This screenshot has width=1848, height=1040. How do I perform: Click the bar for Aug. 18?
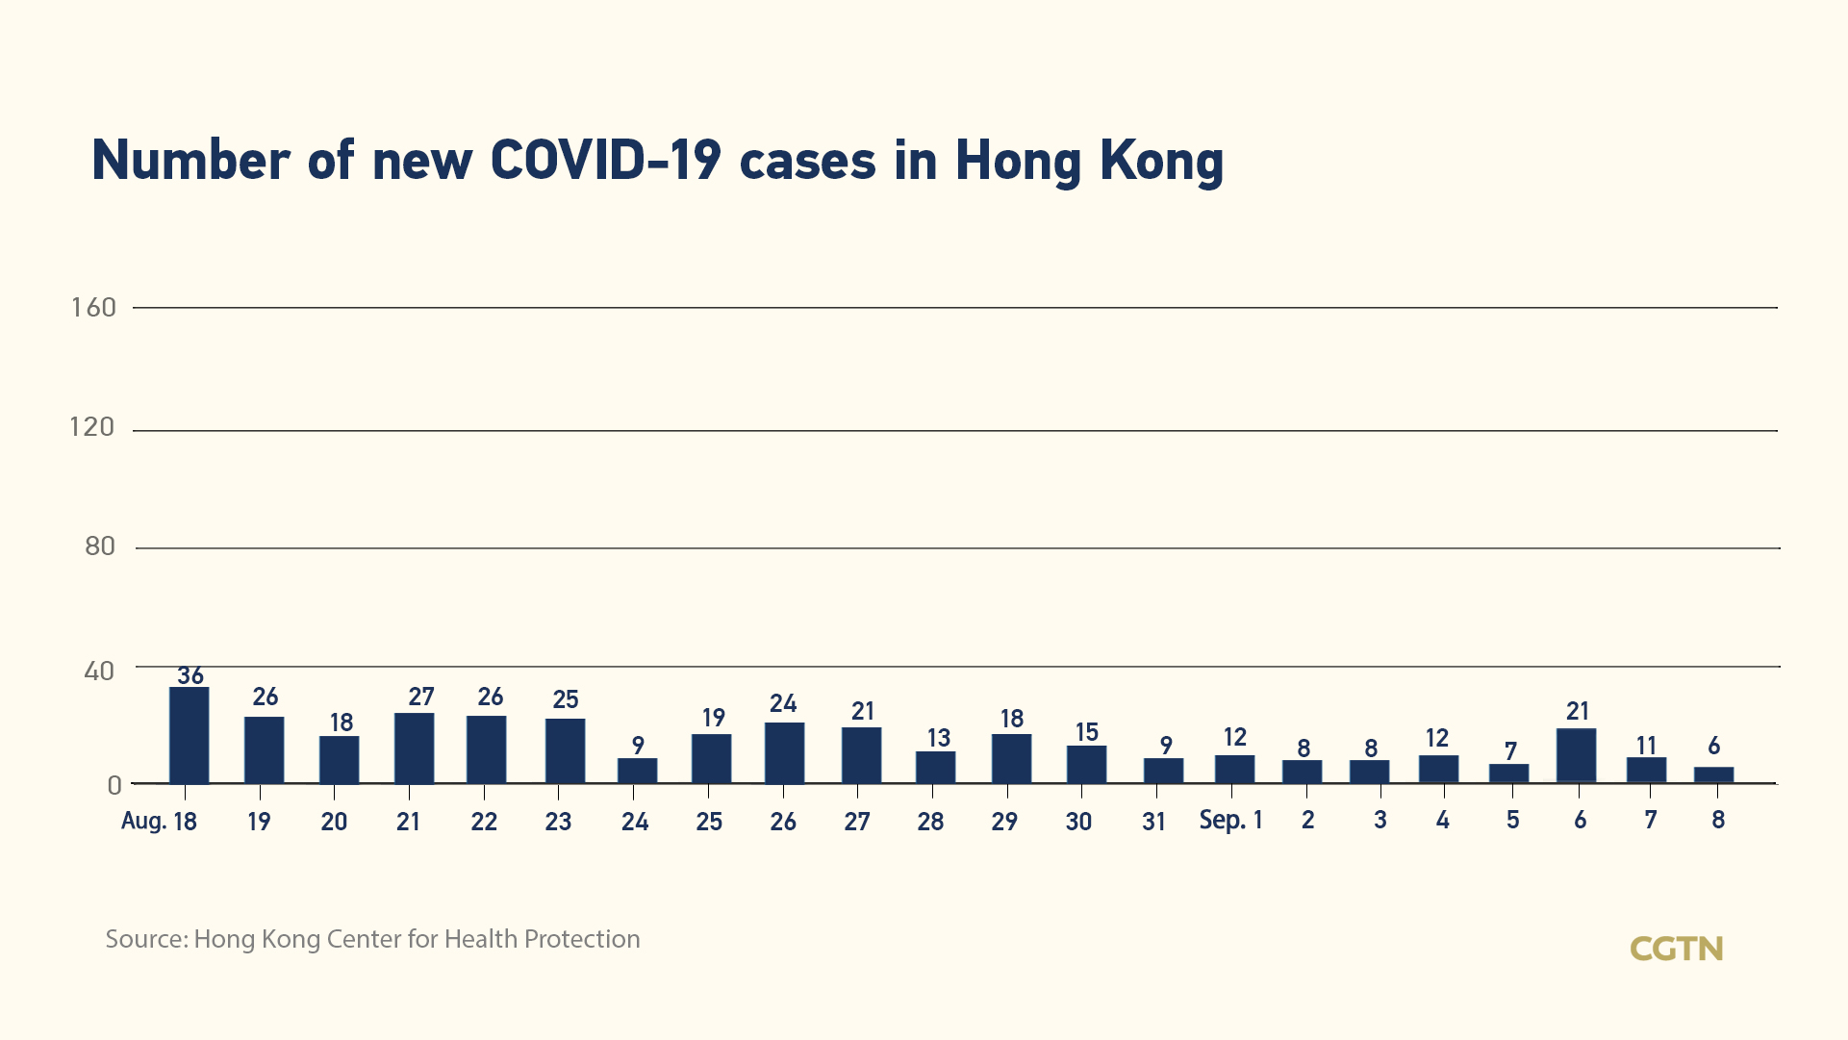pos(189,735)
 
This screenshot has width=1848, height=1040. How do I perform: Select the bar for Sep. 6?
pos(1576,755)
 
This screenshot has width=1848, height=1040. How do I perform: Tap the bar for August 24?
pos(637,771)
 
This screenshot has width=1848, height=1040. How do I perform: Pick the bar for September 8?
pos(1713,774)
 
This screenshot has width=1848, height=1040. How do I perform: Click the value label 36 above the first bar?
pos(190,675)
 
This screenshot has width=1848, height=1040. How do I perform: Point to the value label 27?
pos(421,697)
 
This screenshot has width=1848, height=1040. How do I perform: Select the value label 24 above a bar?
pos(783,704)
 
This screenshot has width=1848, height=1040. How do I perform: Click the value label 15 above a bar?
pos(1087,733)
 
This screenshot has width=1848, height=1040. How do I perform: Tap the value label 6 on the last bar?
pos(1713,747)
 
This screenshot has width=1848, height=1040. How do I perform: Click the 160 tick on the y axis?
pos(93,308)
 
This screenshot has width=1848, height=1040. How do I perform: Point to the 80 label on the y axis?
pos(100,546)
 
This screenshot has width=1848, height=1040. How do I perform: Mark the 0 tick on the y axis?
pos(114,786)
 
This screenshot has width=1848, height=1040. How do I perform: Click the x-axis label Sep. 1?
pos(1230,821)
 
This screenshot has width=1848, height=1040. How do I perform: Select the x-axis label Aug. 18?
pos(159,822)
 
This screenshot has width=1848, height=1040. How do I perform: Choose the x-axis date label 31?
pos(1154,822)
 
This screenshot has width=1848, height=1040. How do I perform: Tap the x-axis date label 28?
pos(930,822)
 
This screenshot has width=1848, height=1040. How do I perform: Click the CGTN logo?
pos(1676,950)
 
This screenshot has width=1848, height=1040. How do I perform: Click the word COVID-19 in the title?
pos(605,161)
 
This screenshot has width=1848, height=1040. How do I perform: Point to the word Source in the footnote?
pos(145,939)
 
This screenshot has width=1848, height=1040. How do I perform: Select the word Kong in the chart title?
pos(1161,161)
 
